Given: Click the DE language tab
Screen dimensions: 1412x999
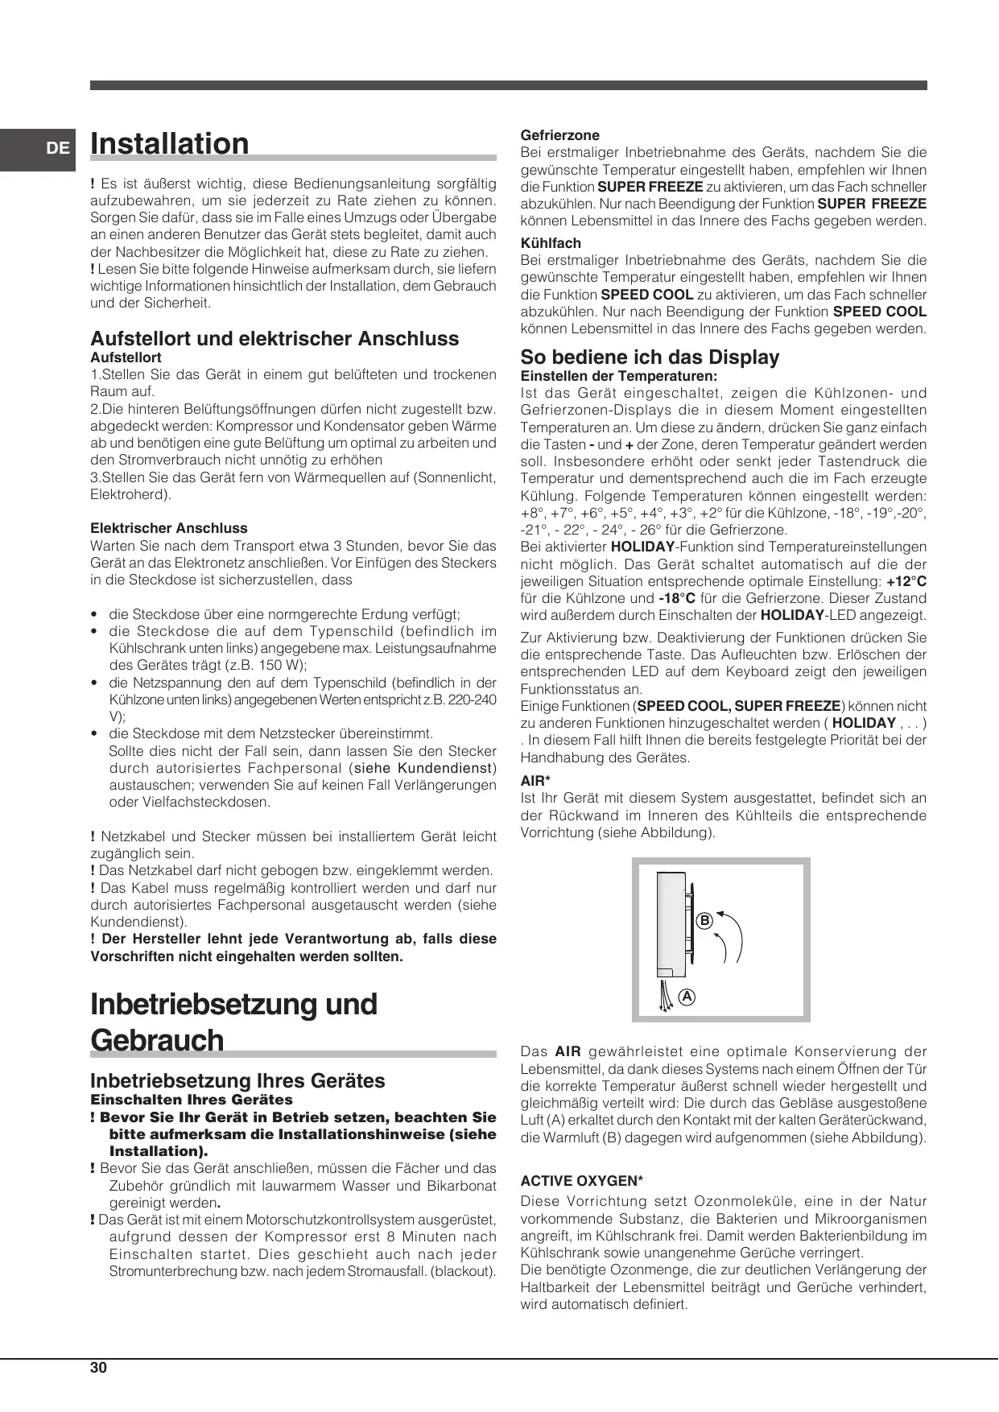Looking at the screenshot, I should pyautogui.click(x=57, y=148).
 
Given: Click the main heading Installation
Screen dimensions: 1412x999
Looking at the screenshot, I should pyautogui.click(x=170, y=144).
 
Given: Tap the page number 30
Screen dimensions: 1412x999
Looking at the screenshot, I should pyautogui.click(x=98, y=1368).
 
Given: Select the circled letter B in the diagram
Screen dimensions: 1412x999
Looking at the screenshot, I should pyautogui.click(x=704, y=919).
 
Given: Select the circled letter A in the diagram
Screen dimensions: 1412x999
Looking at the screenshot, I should pyautogui.click(x=686, y=996).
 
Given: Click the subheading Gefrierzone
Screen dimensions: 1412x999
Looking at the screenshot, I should pyautogui.click(x=559, y=135).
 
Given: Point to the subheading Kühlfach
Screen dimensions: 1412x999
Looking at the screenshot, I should pyautogui.click(x=551, y=243).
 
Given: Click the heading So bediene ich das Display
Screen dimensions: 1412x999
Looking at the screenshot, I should pyautogui.click(x=650, y=357).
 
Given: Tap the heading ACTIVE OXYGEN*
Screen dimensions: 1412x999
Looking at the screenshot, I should pyautogui.click(x=581, y=1181).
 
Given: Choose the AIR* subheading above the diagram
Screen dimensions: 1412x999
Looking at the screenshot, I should pyautogui.click(x=535, y=781).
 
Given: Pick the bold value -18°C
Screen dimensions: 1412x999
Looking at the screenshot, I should pyautogui.click(x=676, y=598).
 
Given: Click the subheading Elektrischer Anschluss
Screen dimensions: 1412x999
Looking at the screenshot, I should pyautogui.click(x=169, y=528).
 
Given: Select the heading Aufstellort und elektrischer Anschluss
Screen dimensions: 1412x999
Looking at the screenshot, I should pyautogui.click(x=275, y=338).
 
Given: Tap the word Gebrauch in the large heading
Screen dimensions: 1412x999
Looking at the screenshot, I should pyautogui.click(x=157, y=1039).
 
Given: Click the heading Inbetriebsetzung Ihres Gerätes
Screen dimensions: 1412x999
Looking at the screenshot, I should pyautogui.click(x=237, y=1080).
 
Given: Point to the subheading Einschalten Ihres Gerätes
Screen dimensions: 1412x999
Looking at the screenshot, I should pyautogui.click(x=192, y=1100).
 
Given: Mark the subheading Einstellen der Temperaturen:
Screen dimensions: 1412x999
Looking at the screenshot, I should pyautogui.click(x=618, y=376).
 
